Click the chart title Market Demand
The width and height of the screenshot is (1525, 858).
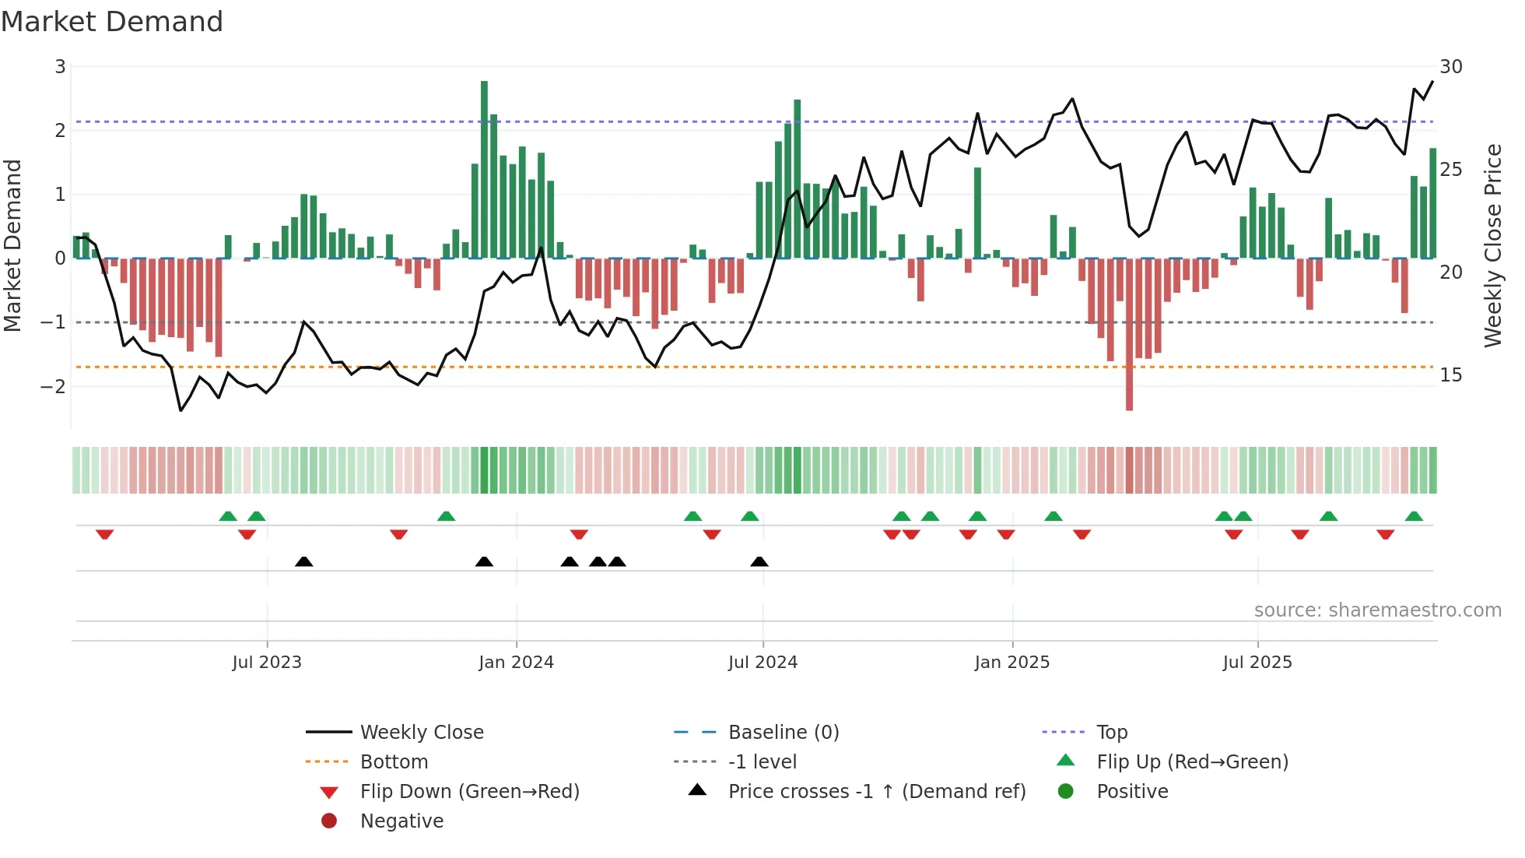coord(112,22)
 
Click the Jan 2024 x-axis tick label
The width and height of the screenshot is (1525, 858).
coord(516,663)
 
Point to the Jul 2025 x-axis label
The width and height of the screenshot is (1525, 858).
coord(1257,663)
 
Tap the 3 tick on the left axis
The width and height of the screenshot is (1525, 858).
coord(60,67)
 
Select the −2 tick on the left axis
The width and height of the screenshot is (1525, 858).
coord(54,386)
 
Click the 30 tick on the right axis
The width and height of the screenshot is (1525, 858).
coord(1450,67)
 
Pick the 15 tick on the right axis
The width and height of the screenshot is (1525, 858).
coord(1450,375)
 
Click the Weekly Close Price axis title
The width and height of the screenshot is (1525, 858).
coord(1492,245)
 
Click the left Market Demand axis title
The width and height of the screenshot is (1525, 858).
coord(13,245)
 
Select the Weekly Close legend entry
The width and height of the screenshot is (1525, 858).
coord(421,733)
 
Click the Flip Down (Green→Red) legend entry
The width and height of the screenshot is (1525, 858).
coord(469,792)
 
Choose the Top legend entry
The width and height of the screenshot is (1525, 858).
coord(1111,733)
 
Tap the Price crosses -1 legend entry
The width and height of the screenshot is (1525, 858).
coord(876,792)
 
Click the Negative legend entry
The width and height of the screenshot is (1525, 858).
coord(401,821)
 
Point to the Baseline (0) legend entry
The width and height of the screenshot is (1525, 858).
coord(783,733)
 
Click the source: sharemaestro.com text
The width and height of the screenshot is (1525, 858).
coord(1377,610)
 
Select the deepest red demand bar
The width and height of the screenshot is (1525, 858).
coord(1129,335)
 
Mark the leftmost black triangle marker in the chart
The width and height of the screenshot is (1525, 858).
coord(304,561)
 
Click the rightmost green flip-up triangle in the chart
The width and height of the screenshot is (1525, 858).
coord(1414,516)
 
